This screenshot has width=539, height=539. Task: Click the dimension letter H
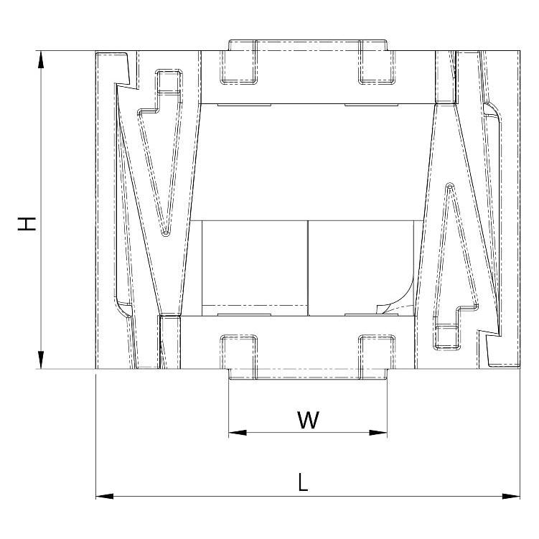pos(27,224)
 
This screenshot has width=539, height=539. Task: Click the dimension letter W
pos(308,420)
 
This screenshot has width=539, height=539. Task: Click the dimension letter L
pos(303,482)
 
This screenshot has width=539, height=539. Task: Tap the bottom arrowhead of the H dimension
pos(41,360)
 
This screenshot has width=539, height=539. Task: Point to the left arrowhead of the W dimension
pos(238,433)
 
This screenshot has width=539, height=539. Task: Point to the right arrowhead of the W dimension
pos(378,433)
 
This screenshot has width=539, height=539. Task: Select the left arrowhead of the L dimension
pos(105,497)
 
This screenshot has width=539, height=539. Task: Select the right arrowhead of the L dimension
pos(511,497)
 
